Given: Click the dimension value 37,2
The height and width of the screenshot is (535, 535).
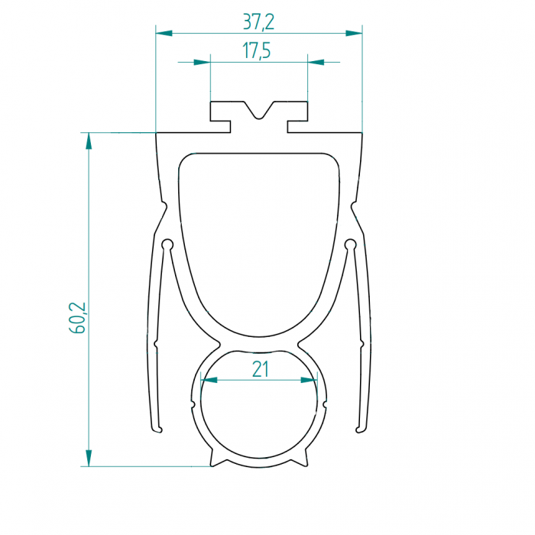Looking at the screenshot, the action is coord(258,22).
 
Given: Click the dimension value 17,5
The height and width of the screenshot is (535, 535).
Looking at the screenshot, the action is coord(257,51).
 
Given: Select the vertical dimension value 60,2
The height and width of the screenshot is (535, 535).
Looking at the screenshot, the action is coord(77,318).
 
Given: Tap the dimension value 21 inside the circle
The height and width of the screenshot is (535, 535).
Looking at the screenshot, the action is coord(261,369).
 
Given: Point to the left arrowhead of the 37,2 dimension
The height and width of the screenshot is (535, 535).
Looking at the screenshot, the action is coord(164,33).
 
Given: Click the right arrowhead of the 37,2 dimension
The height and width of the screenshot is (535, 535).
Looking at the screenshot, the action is coord(354,33).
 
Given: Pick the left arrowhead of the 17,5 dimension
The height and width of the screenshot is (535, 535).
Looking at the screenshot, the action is coord(202,62).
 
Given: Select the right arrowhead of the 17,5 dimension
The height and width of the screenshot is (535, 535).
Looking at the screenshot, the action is coord(316,62).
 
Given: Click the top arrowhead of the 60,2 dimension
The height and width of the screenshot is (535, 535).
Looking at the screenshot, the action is coord(89,141).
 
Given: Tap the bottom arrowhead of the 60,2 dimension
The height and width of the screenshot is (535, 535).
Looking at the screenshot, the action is coord(89,458).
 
